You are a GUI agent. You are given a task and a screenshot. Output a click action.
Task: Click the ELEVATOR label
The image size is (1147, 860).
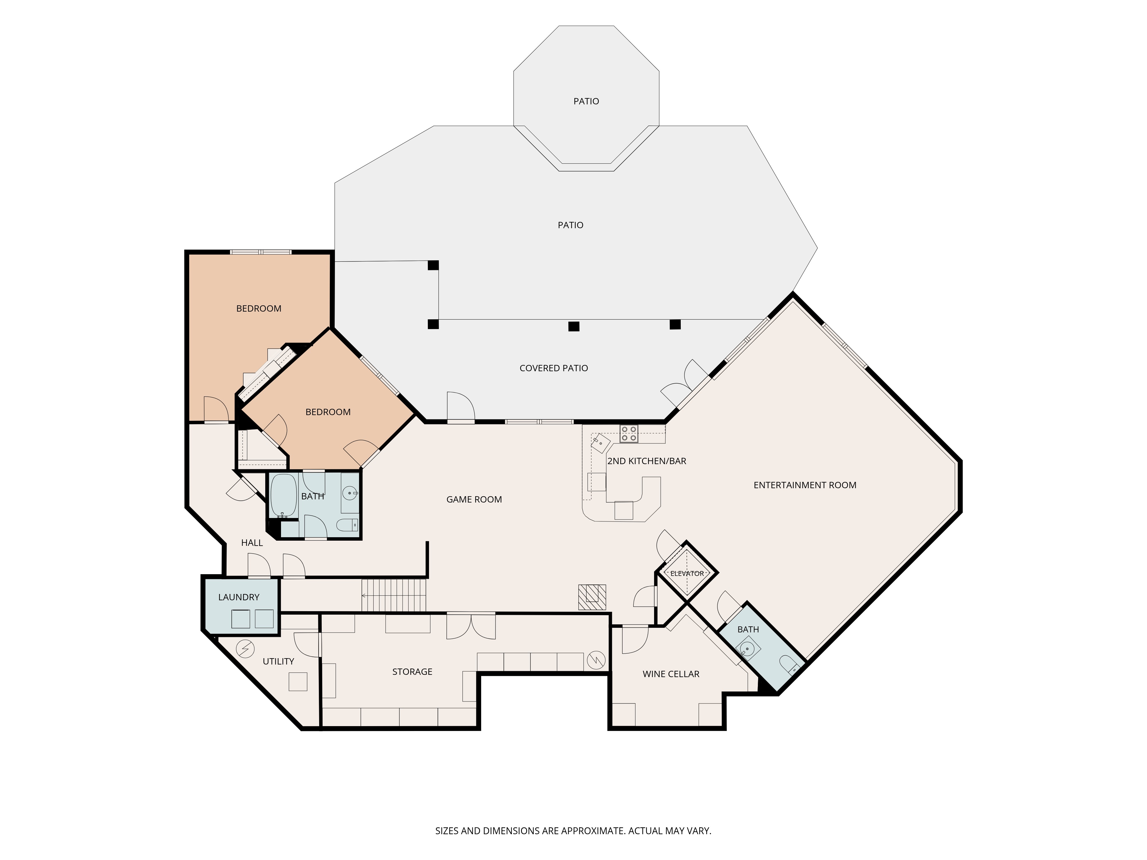pyautogui.click(x=687, y=573)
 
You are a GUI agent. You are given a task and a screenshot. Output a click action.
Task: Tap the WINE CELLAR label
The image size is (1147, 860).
pyautogui.click(x=671, y=674)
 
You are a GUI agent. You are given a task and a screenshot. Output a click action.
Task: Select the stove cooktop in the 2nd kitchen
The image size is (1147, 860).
pyautogui.click(x=629, y=434)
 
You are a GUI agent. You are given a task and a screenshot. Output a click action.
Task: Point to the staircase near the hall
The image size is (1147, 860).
pyautogui.click(x=394, y=595)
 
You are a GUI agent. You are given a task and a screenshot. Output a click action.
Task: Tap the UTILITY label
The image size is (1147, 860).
pyautogui.click(x=278, y=661)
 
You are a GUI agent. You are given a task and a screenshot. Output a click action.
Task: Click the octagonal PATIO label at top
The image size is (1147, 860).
pyautogui.click(x=586, y=101)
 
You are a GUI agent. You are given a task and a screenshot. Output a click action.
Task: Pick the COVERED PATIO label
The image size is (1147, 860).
pyautogui.click(x=554, y=368)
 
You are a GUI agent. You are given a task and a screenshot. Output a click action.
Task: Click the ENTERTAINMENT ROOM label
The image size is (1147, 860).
pyautogui.click(x=805, y=485)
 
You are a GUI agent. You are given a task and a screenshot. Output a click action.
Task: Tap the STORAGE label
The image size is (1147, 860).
pyautogui.click(x=412, y=672)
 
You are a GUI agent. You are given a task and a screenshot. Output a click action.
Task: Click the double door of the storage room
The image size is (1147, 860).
pyautogui.click(x=471, y=626)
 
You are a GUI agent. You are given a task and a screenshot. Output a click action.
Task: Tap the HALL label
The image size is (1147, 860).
pyautogui.click(x=252, y=543)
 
